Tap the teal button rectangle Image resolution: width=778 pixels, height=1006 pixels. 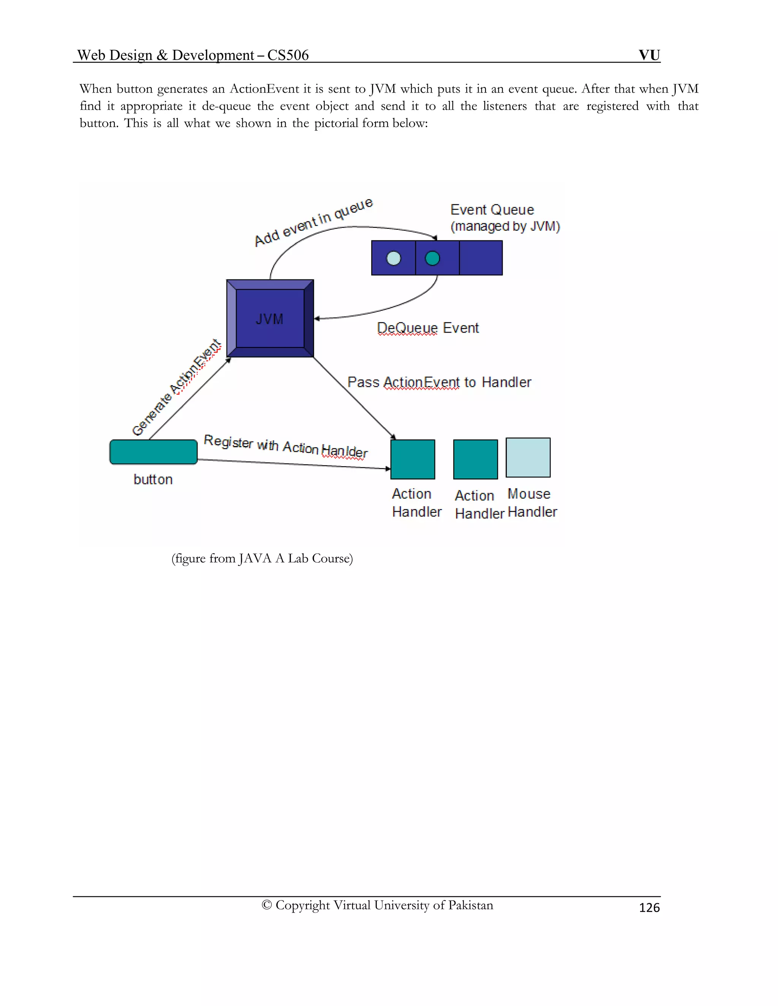coord(153,452)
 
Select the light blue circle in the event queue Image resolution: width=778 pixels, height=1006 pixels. coord(393,258)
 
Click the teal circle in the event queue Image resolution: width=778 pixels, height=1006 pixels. coord(432,258)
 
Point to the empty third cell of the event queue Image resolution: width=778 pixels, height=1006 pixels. coord(481,258)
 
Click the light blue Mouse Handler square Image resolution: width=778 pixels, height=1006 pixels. coord(528,457)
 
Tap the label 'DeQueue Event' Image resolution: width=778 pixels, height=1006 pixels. coord(428,328)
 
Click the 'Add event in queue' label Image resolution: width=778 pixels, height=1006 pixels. coord(313,222)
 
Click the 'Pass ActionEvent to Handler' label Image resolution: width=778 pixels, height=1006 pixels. coord(439,382)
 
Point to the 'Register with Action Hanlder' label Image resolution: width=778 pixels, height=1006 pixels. coord(286,446)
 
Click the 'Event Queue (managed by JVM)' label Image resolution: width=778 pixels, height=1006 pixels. coord(505,218)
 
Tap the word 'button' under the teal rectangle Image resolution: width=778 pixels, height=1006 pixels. coord(153,479)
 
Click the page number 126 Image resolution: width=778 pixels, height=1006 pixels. coord(649,907)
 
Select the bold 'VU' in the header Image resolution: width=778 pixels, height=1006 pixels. coord(649,55)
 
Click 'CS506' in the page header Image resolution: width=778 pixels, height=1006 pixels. coord(288,55)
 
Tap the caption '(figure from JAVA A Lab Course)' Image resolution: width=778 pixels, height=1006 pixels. coord(262,558)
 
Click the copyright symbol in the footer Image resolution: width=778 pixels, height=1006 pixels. coord(266,905)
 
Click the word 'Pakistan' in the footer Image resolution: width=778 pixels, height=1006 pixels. coord(471,905)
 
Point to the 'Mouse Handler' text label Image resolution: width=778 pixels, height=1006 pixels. coord(532,503)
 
